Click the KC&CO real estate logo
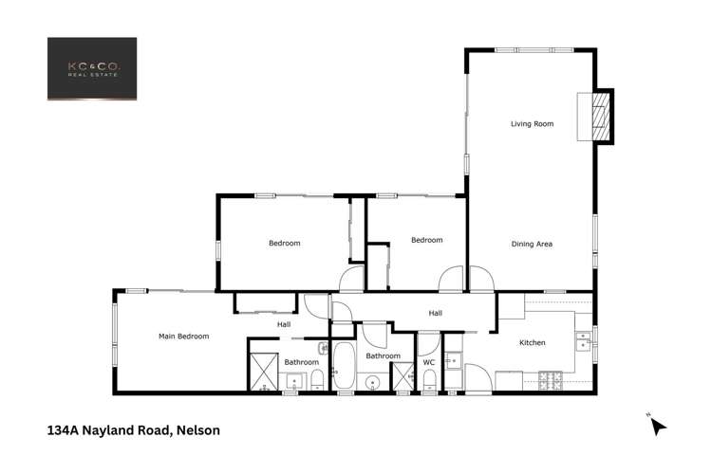[x=92, y=68]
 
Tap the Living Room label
[x=532, y=124]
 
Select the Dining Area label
[x=532, y=244]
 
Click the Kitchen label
[x=532, y=342]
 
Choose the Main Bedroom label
[x=183, y=336]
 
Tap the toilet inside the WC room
[x=429, y=381]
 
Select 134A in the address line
[x=64, y=430]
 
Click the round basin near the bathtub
[x=372, y=382]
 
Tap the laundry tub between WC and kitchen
[x=453, y=359]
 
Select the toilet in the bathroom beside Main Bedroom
[x=316, y=381]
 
